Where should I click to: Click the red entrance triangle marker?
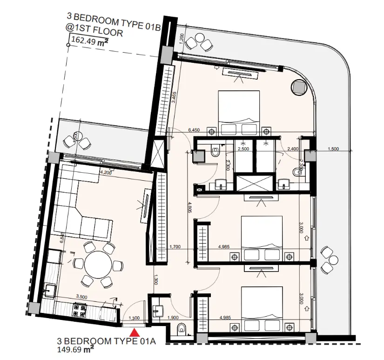[x=135, y=333]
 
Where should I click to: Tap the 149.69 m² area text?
[x=76, y=349]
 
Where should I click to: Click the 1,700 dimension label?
[x=175, y=246]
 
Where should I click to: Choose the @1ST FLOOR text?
[x=95, y=33]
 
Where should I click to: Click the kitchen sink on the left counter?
[x=48, y=291]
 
